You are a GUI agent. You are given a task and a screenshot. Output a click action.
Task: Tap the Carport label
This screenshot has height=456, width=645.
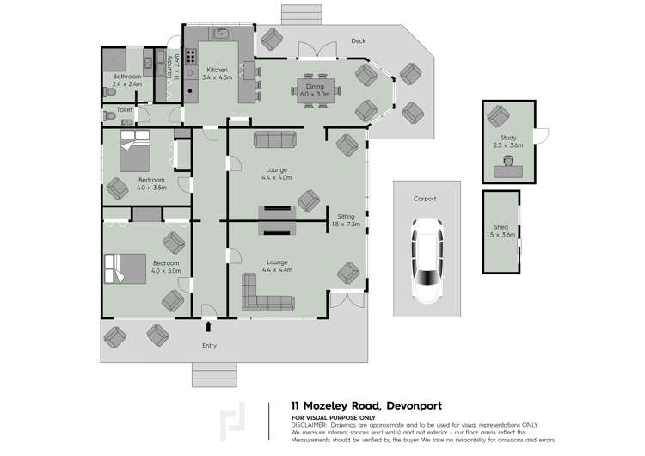(425, 199)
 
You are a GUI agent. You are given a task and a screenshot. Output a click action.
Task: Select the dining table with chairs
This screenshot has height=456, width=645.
(316, 89)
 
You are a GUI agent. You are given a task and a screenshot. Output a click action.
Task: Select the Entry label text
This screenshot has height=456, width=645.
(209, 346)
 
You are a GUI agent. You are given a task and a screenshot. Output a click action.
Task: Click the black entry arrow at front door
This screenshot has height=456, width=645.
(208, 327)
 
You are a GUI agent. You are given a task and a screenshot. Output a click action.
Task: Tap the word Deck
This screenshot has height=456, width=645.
(359, 40)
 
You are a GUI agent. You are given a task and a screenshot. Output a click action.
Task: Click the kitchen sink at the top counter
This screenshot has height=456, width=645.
(220, 35)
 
